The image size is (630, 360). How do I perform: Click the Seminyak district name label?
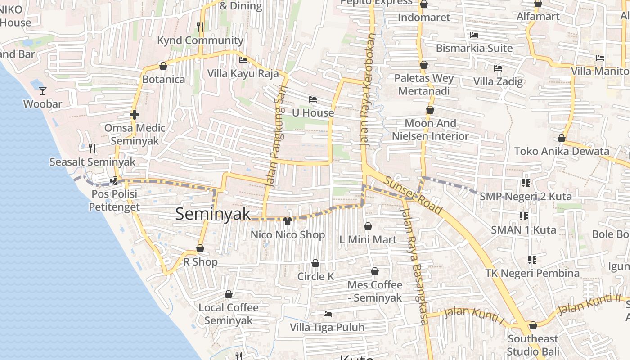(x=213, y=214)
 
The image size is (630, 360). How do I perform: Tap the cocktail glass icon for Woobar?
(x=43, y=91)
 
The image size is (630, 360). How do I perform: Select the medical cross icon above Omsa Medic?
(x=134, y=115)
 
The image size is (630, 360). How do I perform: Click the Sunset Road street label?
(x=413, y=194)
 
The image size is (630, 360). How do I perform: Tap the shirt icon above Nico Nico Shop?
(x=288, y=221)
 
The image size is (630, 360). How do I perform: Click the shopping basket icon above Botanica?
(x=163, y=67)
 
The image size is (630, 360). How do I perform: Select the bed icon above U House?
(x=313, y=99)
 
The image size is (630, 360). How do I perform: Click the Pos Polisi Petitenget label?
(x=114, y=201)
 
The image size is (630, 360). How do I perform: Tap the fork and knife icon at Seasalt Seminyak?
(x=92, y=148)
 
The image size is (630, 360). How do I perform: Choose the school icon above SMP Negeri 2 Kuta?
(x=526, y=183)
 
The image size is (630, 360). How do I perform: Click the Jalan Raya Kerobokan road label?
(x=367, y=90)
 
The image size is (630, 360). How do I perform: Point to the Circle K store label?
(x=315, y=276)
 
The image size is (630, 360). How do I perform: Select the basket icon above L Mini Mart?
(x=368, y=226)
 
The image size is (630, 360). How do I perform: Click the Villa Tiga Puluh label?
(x=327, y=327)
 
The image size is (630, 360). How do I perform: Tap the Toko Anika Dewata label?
(x=562, y=151)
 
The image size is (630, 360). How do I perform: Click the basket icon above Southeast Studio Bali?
(x=533, y=325)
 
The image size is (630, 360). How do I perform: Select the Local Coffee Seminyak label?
(x=229, y=314)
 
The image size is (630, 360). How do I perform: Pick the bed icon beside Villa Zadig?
(x=498, y=69)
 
